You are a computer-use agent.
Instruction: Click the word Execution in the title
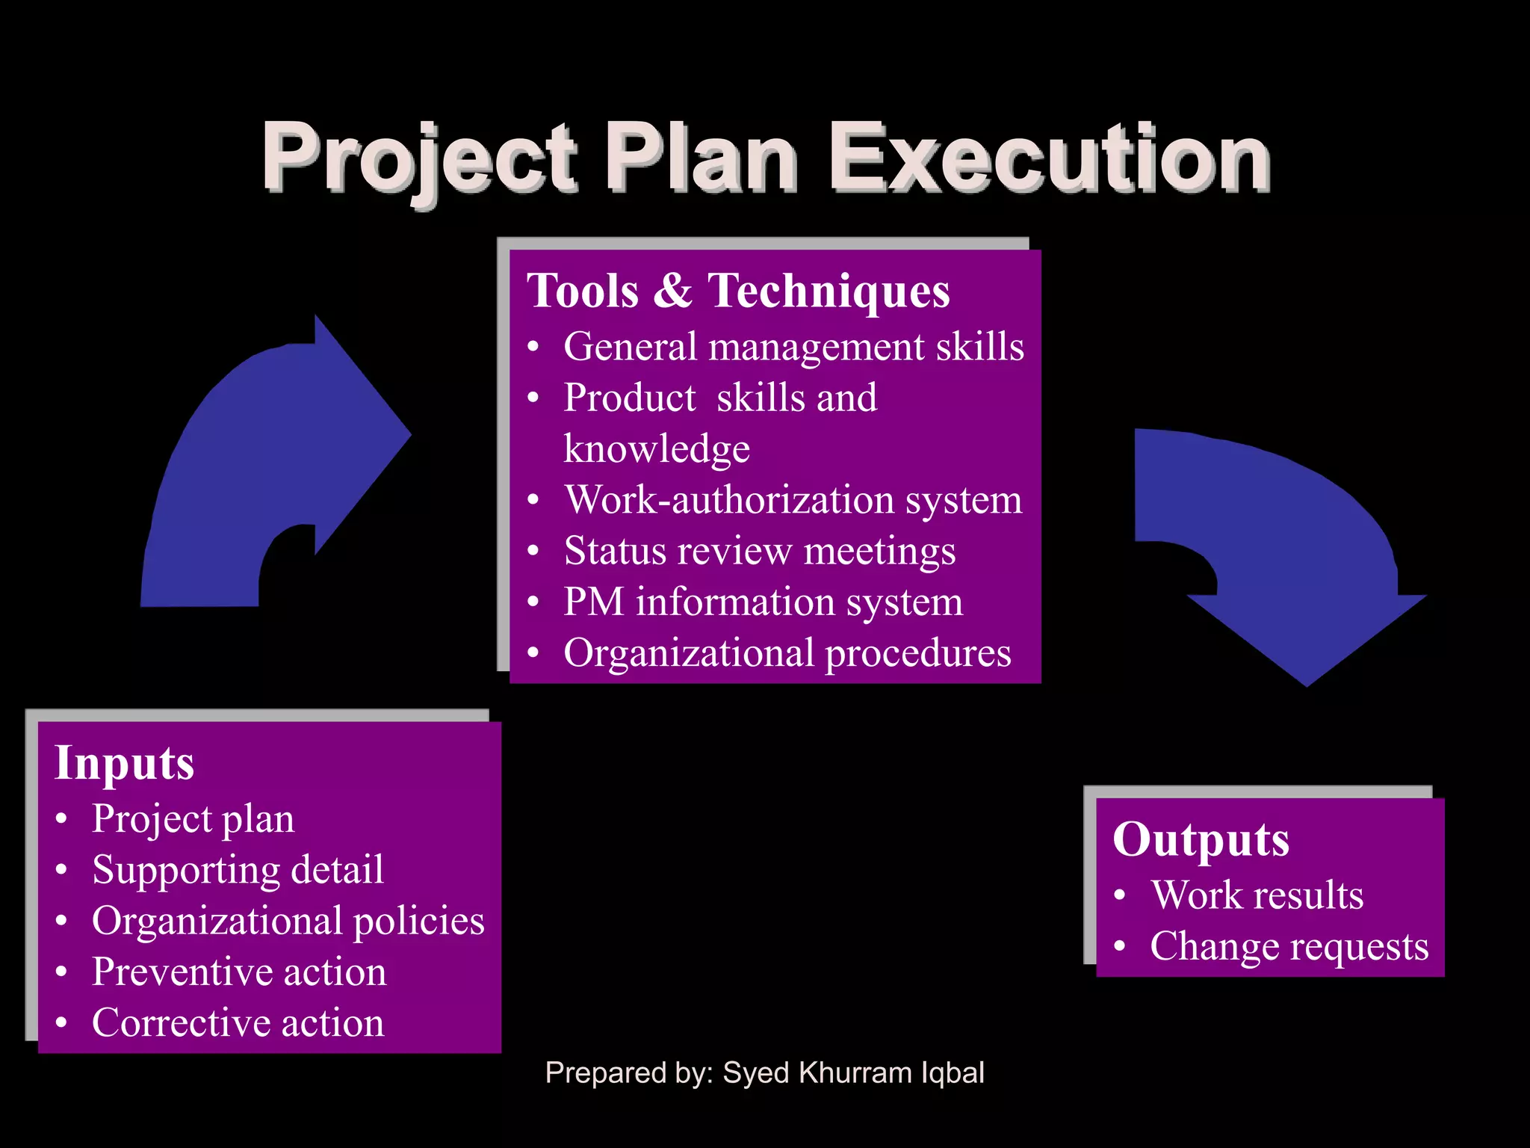(x=1050, y=158)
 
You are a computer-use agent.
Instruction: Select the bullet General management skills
(x=793, y=347)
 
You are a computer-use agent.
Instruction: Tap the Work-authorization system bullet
(x=793, y=499)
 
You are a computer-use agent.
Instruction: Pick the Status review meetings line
(x=760, y=551)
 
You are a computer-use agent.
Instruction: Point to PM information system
(x=763, y=602)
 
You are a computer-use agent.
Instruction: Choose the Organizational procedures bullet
(x=787, y=652)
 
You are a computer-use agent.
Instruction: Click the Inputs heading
(x=125, y=762)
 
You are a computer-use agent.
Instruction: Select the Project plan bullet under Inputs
(x=193, y=818)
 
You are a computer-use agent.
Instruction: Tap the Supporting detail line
(x=238, y=869)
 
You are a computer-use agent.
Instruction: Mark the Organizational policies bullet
(x=288, y=920)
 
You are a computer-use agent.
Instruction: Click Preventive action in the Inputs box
(x=239, y=972)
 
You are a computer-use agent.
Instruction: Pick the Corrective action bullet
(x=238, y=1022)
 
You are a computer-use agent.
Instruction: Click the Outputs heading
(x=1201, y=839)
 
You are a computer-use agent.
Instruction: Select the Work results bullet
(x=1257, y=895)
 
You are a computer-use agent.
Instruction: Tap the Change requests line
(x=1289, y=946)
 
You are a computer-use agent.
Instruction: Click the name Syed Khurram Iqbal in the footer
(x=853, y=1073)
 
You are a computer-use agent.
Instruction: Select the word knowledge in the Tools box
(x=657, y=448)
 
